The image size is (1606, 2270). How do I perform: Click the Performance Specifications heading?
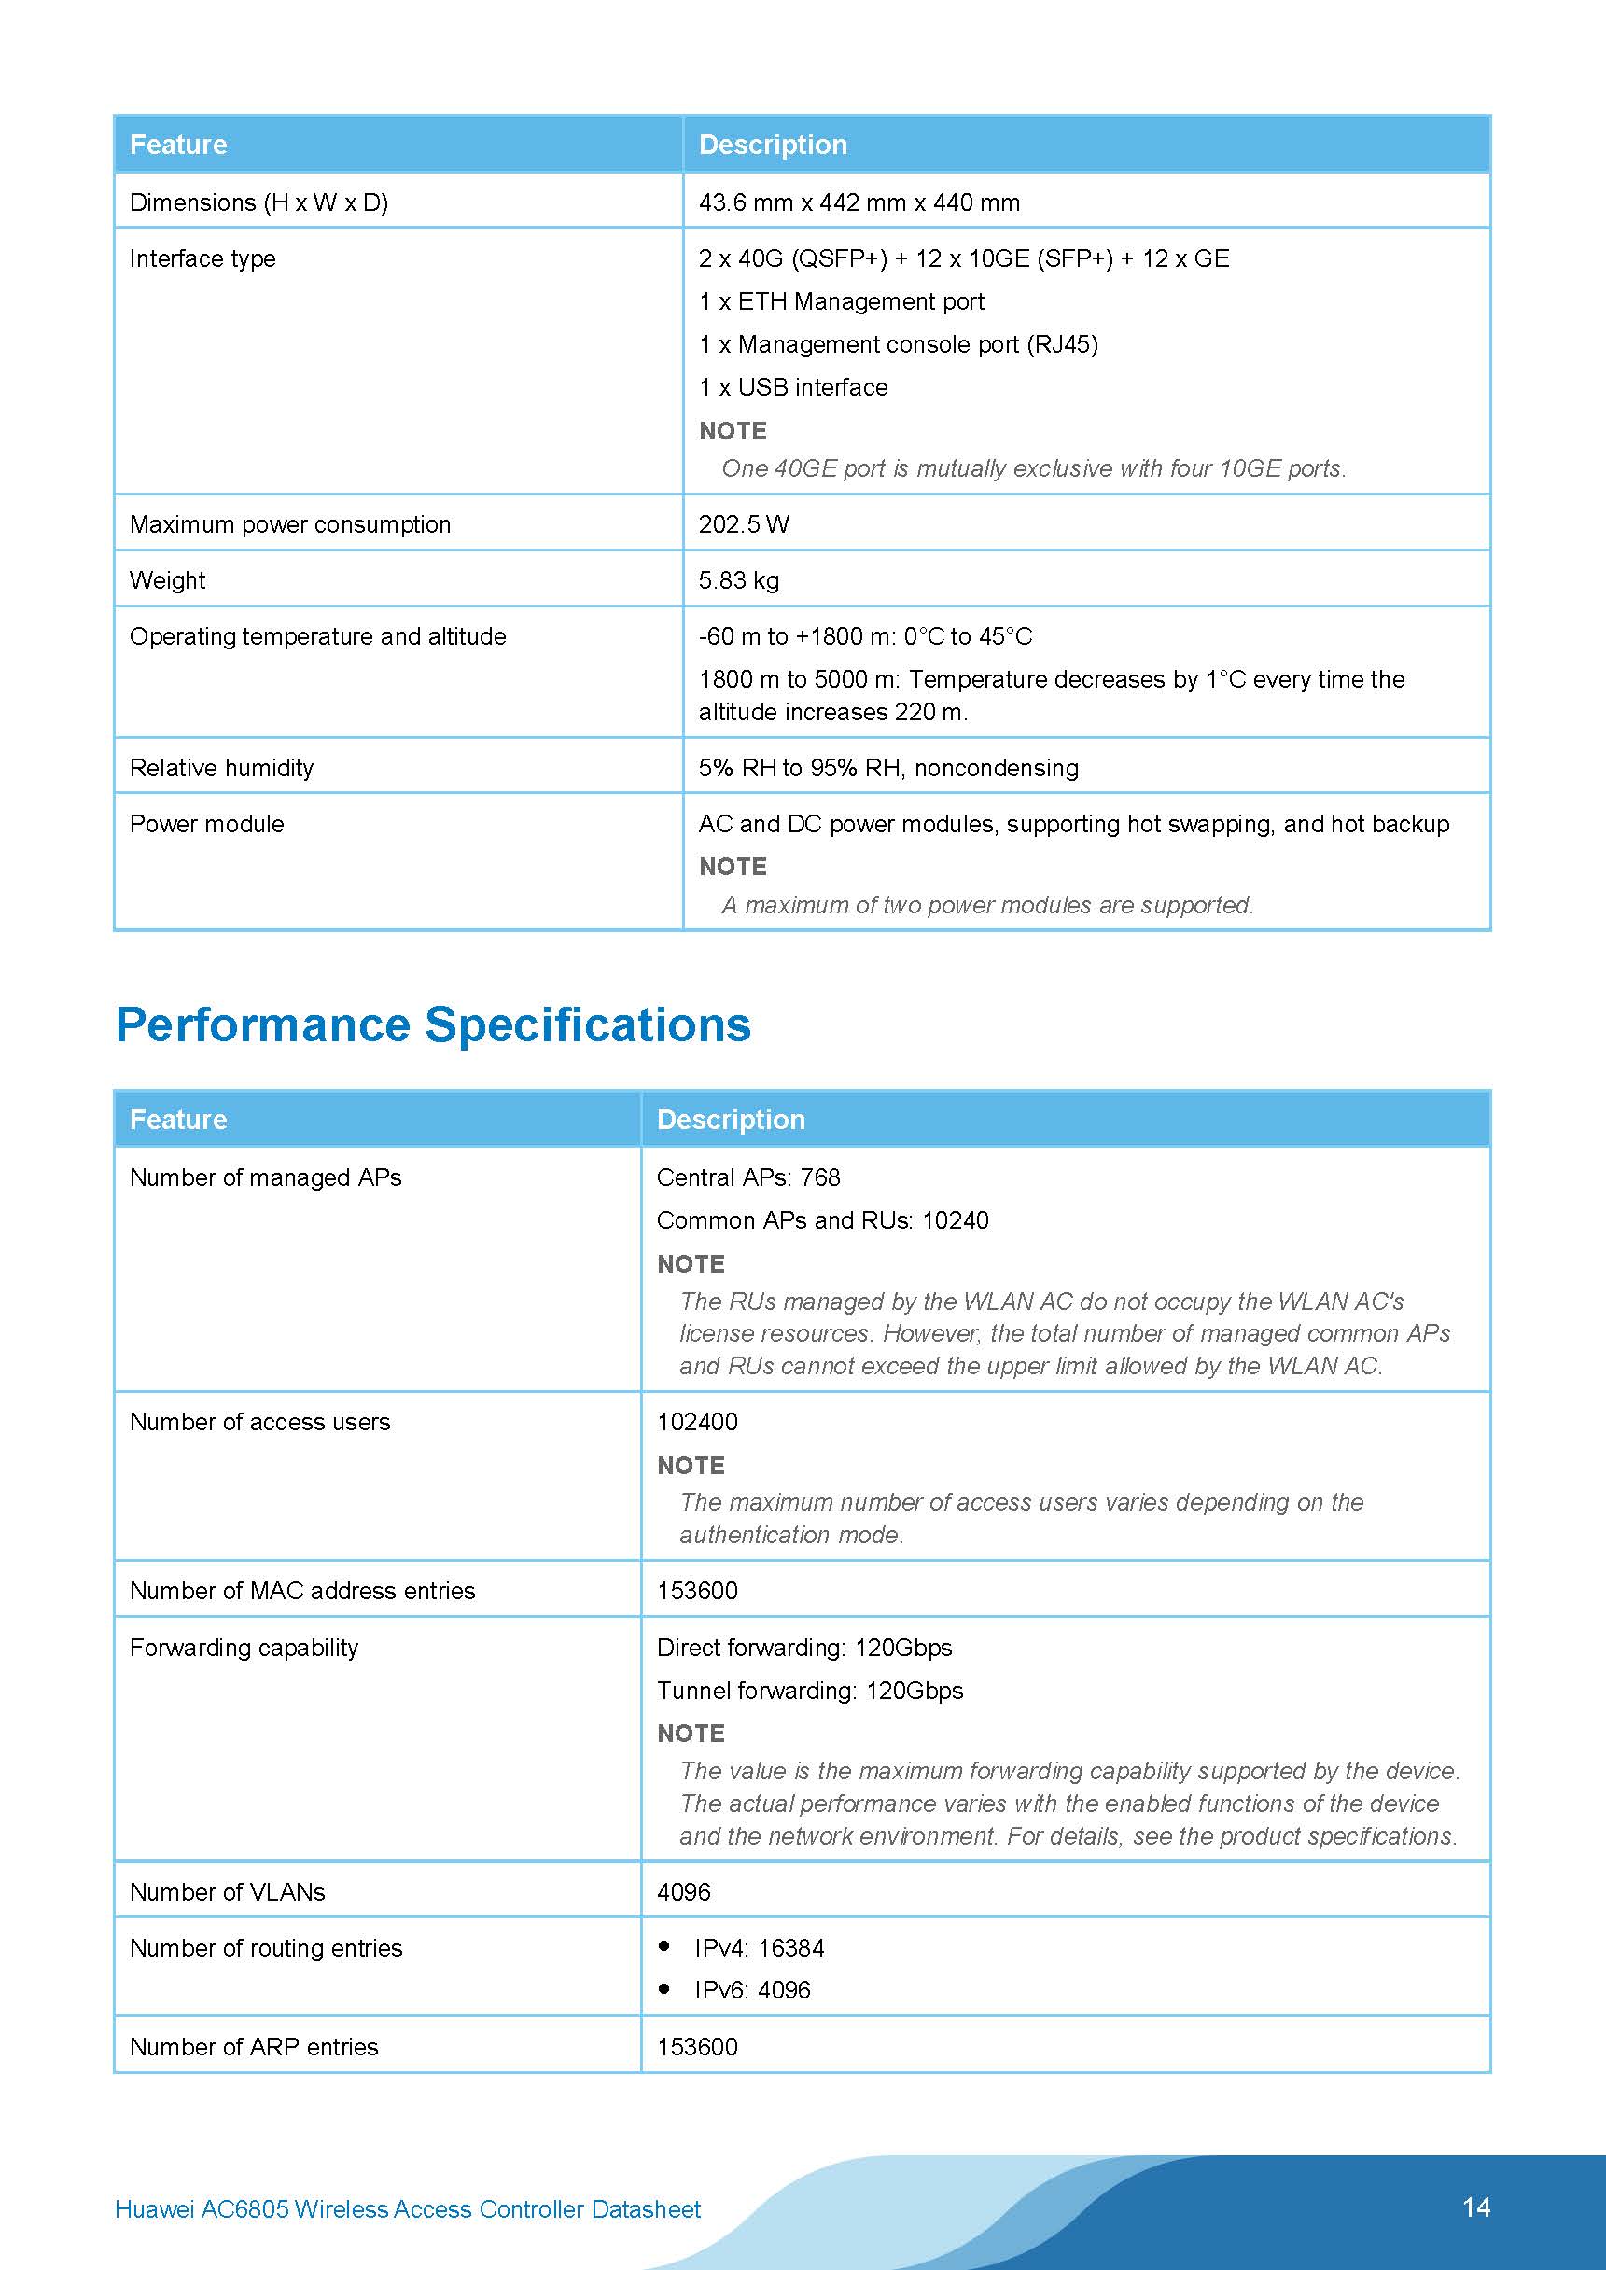tap(433, 1024)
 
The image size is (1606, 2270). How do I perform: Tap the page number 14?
tap(1475, 2207)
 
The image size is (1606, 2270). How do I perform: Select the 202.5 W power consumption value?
tap(744, 524)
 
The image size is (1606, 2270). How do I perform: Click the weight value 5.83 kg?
tap(739, 580)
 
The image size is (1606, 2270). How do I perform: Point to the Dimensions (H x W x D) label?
tap(259, 202)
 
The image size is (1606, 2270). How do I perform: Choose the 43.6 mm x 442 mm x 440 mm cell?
tap(859, 202)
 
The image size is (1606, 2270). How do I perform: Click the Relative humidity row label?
tap(221, 768)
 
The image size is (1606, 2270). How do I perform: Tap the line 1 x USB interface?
tap(793, 387)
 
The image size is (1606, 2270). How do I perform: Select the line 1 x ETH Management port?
tap(842, 301)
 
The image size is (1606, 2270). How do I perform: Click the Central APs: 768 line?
tap(748, 1177)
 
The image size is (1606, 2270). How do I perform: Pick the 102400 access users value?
tap(697, 1422)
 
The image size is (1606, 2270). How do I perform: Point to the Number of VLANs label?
tap(228, 1891)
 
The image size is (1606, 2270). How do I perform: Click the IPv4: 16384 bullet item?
tap(759, 1948)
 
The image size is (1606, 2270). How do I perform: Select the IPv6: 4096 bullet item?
tap(751, 1989)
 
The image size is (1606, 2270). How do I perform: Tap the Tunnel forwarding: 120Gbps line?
tap(810, 1691)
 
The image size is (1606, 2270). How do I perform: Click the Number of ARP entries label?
tap(254, 2047)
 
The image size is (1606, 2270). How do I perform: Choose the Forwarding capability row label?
tap(244, 1648)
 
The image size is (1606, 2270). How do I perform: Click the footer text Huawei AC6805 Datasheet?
tap(408, 2208)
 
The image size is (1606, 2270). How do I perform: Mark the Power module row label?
tap(206, 825)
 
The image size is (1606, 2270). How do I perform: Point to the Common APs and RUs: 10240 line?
tap(823, 1220)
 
